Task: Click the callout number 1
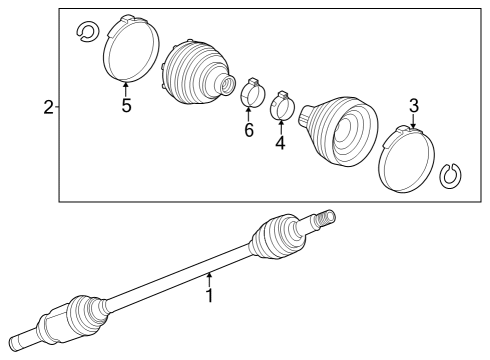pos(210,296)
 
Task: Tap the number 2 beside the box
pos(48,107)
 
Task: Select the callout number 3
pos(412,105)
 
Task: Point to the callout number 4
pos(280,143)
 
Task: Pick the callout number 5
pos(126,107)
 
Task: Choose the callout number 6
pos(249,131)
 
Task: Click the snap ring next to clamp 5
pos(85,32)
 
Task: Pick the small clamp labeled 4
pos(282,104)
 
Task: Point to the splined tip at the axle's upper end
pos(324,217)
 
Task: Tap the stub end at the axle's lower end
pos(22,339)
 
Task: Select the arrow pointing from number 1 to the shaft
pos(209,279)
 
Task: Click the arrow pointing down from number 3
pos(412,122)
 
